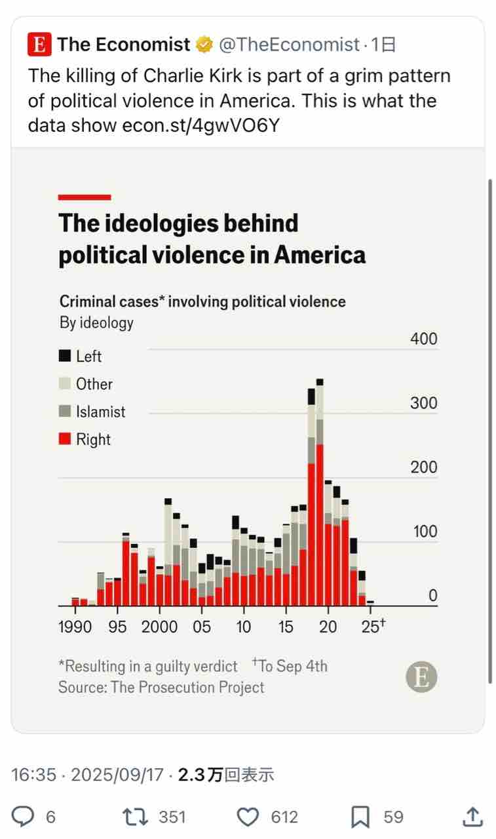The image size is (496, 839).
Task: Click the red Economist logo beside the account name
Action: (x=39, y=45)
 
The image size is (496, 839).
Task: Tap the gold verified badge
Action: (x=204, y=45)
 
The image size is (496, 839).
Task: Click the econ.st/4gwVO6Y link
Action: (x=201, y=125)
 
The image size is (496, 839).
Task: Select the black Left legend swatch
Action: (x=65, y=357)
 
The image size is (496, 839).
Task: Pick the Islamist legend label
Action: (x=100, y=412)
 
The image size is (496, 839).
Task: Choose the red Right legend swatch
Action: (x=65, y=439)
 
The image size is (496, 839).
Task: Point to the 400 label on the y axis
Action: (x=423, y=339)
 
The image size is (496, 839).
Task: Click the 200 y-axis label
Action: (x=423, y=467)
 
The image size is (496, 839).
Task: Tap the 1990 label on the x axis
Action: (x=75, y=627)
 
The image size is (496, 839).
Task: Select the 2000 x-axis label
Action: (x=159, y=627)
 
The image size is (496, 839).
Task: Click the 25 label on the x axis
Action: (x=371, y=627)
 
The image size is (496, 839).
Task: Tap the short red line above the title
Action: (x=85, y=197)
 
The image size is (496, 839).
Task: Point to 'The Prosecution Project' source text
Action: (x=187, y=687)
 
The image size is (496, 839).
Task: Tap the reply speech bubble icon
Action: (x=24, y=817)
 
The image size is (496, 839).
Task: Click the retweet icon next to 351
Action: (x=135, y=817)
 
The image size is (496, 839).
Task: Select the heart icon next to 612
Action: (x=248, y=817)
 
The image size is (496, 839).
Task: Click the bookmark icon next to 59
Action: (x=360, y=817)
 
